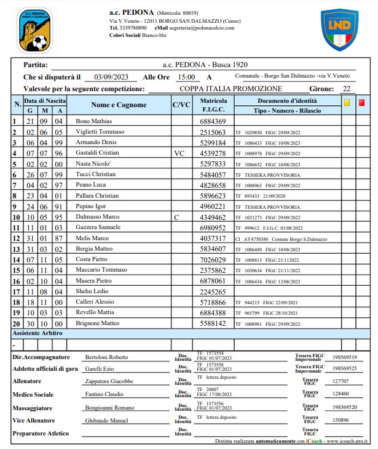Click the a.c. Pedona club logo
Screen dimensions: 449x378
tap(35, 31)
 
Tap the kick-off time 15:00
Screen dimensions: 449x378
tap(186, 77)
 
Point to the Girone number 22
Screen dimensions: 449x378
tap(347, 89)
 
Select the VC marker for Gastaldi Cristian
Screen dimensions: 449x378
tap(179, 153)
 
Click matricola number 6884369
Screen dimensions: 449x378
tap(213, 121)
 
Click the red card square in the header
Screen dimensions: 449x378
tap(362, 103)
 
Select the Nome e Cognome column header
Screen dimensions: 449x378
tap(119, 105)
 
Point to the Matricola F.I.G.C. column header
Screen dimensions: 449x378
tap(213, 105)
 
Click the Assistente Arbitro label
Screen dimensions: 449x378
tap(38, 333)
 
